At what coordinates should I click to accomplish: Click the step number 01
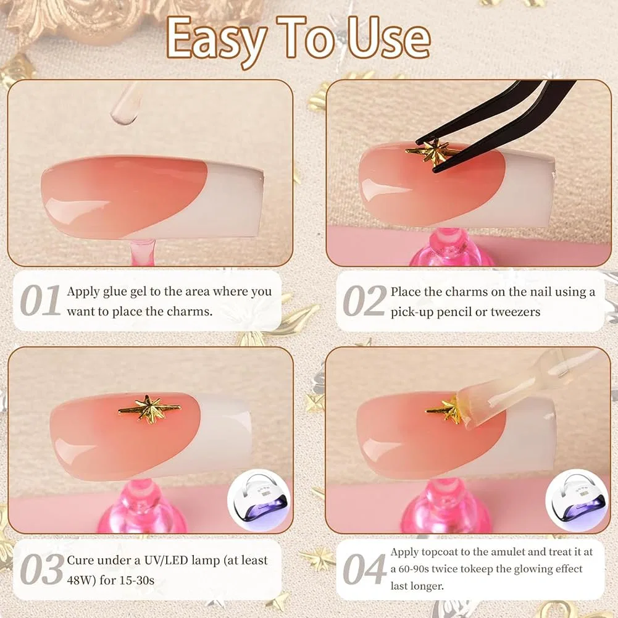tap(40, 300)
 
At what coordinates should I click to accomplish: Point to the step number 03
tap(42, 569)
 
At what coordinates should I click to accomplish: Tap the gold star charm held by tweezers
tap(429, 151)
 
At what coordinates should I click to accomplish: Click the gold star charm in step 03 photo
tap(150, 409)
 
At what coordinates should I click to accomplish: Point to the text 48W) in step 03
tap(81, 580)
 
